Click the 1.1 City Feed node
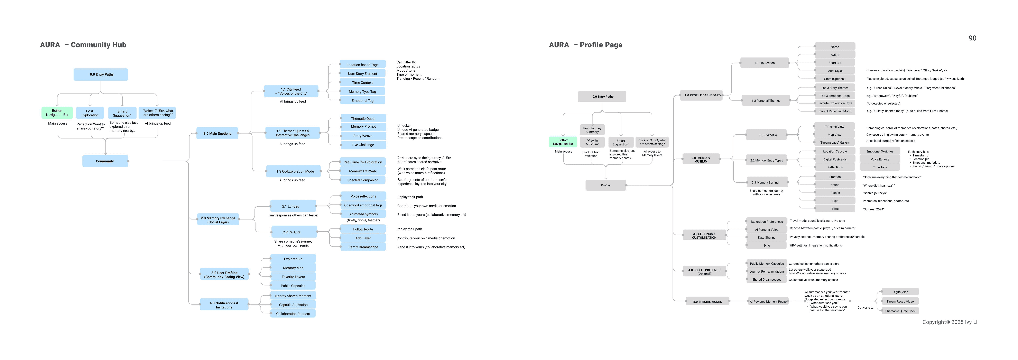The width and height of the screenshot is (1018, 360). click(291, 91)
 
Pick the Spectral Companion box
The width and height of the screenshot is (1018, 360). click(363, 180)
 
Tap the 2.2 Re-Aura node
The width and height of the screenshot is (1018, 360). click(294, 232)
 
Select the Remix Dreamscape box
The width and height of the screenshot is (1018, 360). click(363, 247)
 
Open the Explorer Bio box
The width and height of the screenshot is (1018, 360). click(293, 259)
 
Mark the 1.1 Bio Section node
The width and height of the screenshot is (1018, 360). click(764, 63)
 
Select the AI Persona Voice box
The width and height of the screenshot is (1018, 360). click(766, 230)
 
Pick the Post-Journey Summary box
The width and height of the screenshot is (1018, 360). click(592, 130)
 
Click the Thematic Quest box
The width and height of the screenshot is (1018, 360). click(363, 119)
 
